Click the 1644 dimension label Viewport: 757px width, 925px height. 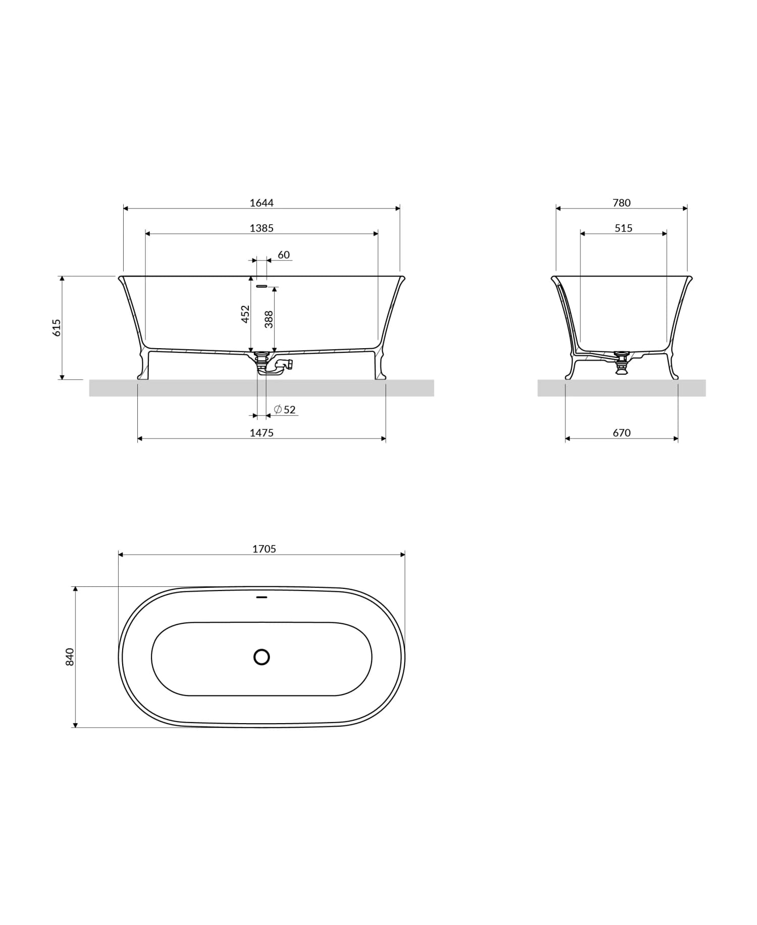tap(261, 203)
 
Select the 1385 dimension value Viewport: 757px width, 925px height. tap(261, 228)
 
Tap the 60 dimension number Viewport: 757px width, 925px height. tap(284, 255)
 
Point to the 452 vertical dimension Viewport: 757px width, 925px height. tap(245, 314)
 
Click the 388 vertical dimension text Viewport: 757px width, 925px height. tap(269, 319)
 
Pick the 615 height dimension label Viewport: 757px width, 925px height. tap(57, 328)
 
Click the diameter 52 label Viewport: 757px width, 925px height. tap(285, 409)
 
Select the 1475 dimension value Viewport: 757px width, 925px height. tap(261, 433)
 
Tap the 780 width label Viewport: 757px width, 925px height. tap(621, 203)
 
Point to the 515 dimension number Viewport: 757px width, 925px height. tap(623, 228)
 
